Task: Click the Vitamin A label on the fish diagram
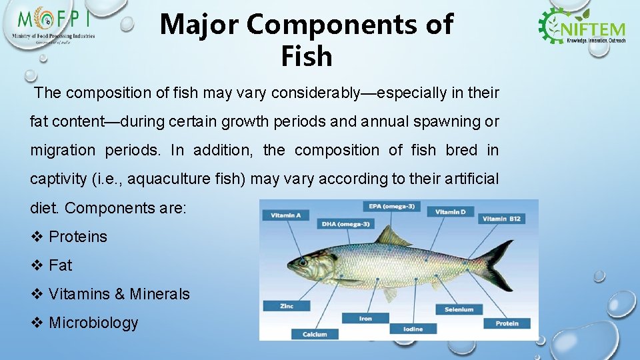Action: (286, 215)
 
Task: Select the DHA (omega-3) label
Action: (345, 224)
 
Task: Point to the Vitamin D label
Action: (451, 212)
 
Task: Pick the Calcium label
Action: (315, 334)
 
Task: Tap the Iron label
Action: (365, 319)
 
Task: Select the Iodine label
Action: (413, 329)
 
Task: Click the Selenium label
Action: (459, 309)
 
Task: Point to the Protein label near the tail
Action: (507, 323)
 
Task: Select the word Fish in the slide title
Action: (306, 57)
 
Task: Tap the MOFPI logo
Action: (53, 27)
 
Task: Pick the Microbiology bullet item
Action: (93, 323)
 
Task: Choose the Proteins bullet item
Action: (77, 237)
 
